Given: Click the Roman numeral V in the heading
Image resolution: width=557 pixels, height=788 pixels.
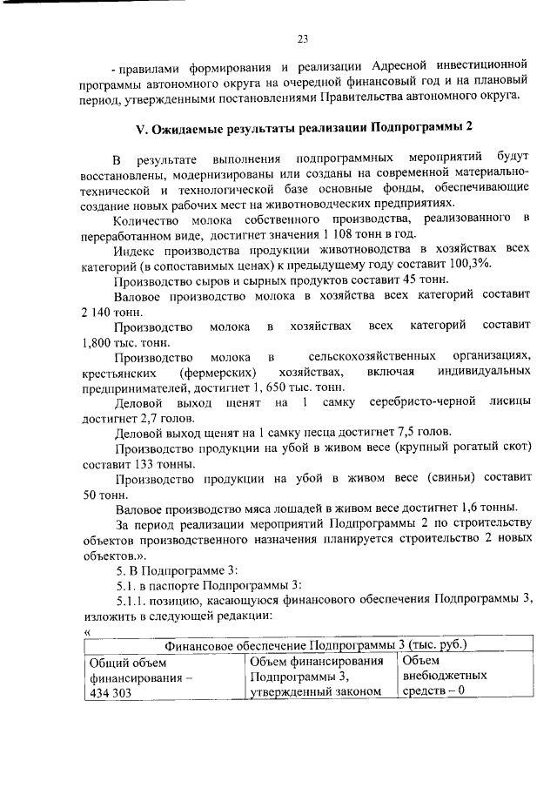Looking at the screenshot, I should click(140, 127).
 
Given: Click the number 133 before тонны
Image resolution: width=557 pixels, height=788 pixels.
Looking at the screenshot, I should click(160, 466).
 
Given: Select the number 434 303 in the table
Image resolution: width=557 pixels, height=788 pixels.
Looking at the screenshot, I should click(110, 694).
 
